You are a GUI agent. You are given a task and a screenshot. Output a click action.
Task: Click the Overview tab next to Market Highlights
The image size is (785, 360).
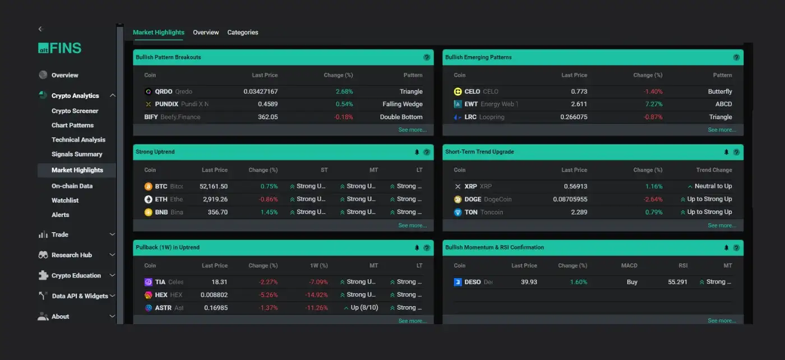pyautogui.click(x=206, y=33)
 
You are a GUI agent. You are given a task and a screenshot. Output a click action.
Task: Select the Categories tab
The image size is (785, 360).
pyautogui.click(x=243, y=33)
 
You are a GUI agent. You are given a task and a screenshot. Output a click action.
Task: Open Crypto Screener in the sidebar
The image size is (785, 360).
pyautogui.click(x=75, y=111)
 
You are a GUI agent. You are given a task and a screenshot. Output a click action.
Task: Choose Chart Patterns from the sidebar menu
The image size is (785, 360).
pyautogui.click(x=72, y=126)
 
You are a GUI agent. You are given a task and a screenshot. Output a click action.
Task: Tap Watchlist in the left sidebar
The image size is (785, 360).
pyautogui.click(x=65, y=201)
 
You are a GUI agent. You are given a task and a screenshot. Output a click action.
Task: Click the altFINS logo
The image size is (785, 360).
pyautogui.click(x=60, y=48)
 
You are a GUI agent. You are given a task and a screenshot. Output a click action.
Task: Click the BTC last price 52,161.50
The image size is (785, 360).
pyautogui.click(x=214, y=187)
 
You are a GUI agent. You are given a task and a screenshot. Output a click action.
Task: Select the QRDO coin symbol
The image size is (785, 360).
pyautogui.click(x=163, y=92)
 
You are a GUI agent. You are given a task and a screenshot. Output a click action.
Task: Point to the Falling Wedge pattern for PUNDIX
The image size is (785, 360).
pyautogui.click(x=403, y=104)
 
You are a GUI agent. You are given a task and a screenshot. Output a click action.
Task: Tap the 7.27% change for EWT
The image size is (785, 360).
pyautogui.click(x=654, y=104)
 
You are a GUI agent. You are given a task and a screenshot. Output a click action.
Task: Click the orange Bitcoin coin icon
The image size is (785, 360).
pyautogui.click(x=149, y=187)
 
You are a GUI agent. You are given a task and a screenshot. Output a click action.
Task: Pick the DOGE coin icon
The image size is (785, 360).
pyautogui.click(x=458, y=200)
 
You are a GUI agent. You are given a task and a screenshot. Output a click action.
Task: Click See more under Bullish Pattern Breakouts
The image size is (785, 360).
pyautogui.click(x=412, y=130)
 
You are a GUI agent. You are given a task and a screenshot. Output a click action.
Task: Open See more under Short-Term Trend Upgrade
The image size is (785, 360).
pyautogui.click(x=722, y=225)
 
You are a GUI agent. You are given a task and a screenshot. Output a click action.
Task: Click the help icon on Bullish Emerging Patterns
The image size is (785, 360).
pyautogui.click(x=736, y=57)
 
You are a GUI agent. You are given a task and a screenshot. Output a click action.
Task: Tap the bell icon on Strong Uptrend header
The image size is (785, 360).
pyautogui.click(x=417, y=152)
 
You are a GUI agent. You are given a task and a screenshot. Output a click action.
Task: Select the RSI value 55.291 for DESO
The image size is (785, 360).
pyautogui.click(x=677, y=282)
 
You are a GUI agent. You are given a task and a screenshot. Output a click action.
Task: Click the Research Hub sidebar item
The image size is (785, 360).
pyautogui.click(x=72, y=255)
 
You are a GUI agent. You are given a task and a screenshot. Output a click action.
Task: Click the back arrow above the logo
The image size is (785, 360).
pyautogui.click(x=40, y=29)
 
